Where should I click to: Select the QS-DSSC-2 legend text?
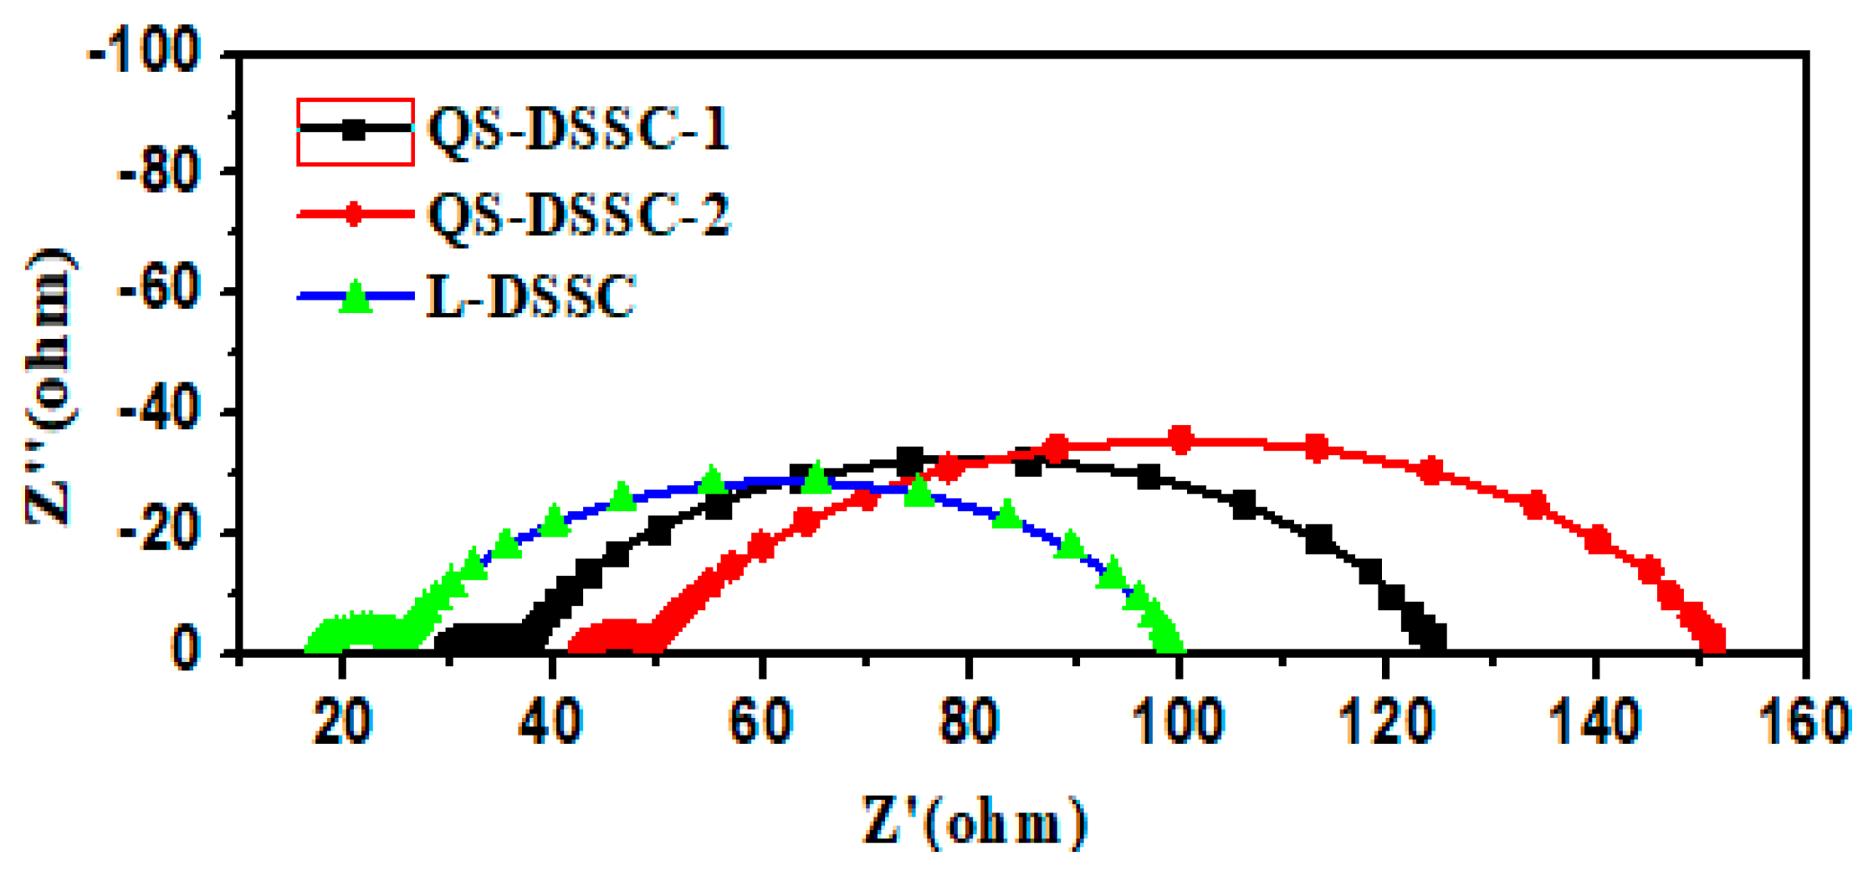pos(579,214)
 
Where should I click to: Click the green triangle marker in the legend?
pos(356,297)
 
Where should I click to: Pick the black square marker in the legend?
pos(355,130)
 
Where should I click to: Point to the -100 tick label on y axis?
pos(145,54)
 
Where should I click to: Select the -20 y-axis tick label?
pos(159,533)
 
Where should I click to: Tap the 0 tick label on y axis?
pos(186,651)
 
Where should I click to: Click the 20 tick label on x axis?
pos(342,721)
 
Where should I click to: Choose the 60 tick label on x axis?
pos(760,721)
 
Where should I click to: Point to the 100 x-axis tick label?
pos(1179,721)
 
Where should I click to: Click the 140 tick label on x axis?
pos(1595,721)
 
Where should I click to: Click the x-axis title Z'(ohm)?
pos(975,822)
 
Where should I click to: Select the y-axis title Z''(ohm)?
pos(50,387)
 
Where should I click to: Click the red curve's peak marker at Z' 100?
pos(1180,439)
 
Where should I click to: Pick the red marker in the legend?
pos(355,214)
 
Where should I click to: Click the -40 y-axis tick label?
pos(159,413)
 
